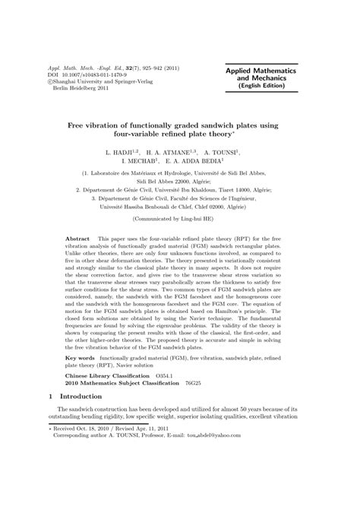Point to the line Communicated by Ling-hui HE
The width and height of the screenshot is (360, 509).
(179, 217)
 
